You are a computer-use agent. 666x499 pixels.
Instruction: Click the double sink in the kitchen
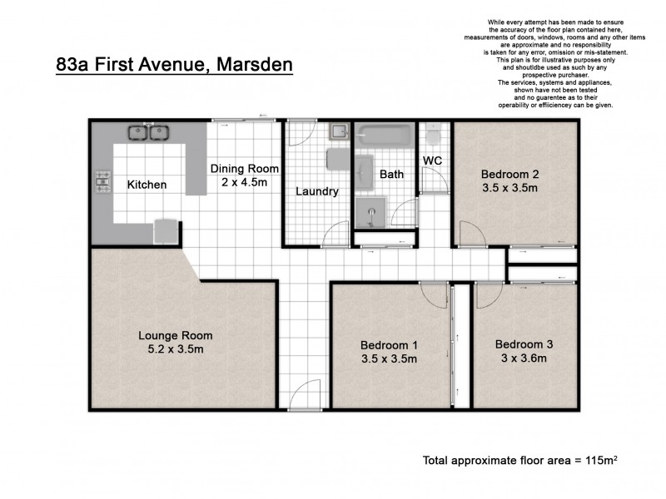click(148, 131)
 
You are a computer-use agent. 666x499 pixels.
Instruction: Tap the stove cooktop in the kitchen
click(104, 180)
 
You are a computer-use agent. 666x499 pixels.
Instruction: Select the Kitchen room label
click(147, 185)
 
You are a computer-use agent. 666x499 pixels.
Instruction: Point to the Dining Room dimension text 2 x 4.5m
click(243, 182)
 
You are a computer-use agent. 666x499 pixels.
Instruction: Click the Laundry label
click(317, 191)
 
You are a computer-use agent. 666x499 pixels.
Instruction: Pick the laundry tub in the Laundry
click(338, 133)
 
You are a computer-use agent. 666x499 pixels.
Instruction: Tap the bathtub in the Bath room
click(384, 134)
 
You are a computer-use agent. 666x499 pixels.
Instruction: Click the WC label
click(432, 160)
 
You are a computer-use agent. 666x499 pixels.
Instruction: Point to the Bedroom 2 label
click(509, 174)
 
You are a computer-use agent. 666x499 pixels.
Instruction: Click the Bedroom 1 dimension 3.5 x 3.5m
click(388, 358)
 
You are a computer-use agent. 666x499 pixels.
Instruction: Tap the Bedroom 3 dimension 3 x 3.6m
click(524, 358)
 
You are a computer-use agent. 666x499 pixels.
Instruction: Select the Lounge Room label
click(175, 335)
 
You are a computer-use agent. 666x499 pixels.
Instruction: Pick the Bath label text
click(391, 175)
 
